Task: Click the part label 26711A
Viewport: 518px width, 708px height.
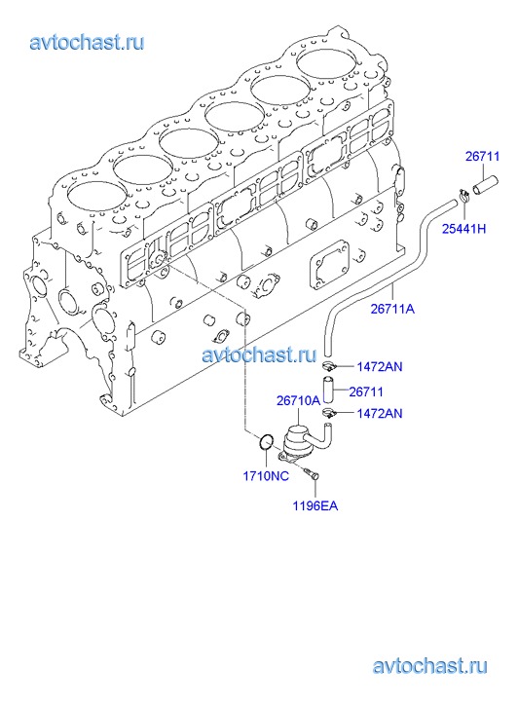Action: (x=392, y=309)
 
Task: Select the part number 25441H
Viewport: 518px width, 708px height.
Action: (x=463, y=229)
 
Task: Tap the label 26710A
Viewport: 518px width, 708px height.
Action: (x=298, y=400)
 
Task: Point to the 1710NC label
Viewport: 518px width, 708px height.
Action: (x=266, y=476)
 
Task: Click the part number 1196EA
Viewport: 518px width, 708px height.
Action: (x=314, y=505)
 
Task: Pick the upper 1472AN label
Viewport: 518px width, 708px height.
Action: (x=380, y=366)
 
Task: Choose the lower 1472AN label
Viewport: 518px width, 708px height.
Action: (x=380, y=413)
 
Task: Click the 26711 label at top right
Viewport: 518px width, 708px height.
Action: (x=482, y=156)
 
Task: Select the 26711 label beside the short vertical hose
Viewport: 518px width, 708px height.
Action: (x=366, y=391)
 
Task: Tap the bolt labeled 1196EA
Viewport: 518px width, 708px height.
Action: (x=312, y=472)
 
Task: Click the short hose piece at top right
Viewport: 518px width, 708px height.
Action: (x=485, y=184)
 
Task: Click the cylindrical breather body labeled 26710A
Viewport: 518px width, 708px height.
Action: (x=298, y=440)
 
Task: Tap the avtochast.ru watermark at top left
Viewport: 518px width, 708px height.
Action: (x=87, y=43)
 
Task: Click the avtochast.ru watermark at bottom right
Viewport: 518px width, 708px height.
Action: (x=430, y=665)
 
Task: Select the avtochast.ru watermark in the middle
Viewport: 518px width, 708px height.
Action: (x=259, y=354)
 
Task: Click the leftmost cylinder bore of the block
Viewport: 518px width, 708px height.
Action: (x=98, y=197)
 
